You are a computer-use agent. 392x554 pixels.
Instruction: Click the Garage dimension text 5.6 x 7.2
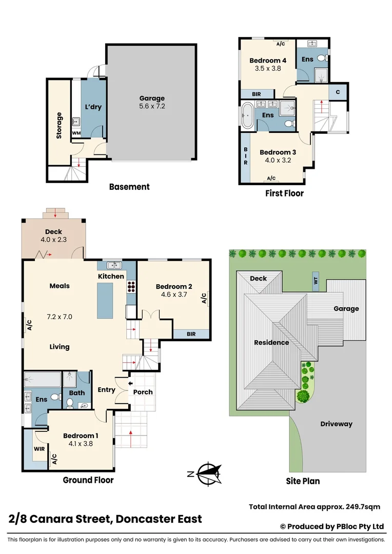[152, 106]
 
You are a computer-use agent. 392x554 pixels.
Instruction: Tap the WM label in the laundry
[76, 133]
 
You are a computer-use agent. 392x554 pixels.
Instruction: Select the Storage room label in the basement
[59, 126]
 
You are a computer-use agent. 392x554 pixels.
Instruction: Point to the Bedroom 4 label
[268, 61]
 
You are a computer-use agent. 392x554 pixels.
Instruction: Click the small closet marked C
[338, 92]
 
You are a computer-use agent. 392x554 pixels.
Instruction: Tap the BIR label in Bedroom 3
[245, 156]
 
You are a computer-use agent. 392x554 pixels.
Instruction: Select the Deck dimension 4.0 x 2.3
[53, 240]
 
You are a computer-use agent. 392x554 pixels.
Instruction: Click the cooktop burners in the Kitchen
[131, 286]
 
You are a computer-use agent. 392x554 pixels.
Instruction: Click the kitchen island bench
[105, 301]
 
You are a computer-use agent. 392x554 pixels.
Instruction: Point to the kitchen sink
[114, 265]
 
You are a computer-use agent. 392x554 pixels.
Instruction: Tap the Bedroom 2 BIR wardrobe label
[191, 334]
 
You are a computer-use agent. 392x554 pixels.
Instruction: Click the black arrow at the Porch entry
[130, 383]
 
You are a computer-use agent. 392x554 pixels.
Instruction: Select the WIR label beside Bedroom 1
[39, 449]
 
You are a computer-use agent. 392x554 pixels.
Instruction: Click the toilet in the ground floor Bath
[70, 403]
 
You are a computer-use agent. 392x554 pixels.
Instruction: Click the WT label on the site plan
[316, 281]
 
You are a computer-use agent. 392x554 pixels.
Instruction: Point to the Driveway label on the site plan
[336, 424]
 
